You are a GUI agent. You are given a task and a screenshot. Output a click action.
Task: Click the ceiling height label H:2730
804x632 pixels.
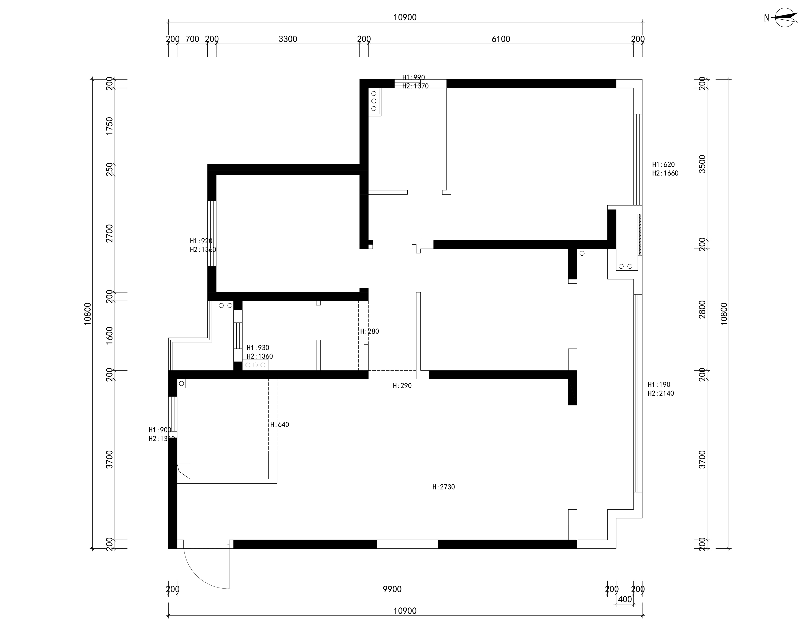444,487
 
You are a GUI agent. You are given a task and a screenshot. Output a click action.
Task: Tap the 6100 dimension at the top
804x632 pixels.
501,39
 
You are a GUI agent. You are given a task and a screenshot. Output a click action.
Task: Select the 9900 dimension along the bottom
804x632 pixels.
392,589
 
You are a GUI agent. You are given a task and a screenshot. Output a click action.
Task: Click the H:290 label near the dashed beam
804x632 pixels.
402,386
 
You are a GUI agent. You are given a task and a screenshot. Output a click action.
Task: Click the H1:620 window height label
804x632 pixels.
663,164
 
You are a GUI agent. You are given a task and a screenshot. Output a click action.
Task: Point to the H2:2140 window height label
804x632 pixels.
661,393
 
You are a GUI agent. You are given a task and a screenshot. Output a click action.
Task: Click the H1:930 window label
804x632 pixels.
258,347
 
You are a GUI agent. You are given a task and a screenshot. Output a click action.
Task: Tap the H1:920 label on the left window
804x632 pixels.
201,241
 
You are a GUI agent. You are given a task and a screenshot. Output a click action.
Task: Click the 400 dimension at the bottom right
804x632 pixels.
625,599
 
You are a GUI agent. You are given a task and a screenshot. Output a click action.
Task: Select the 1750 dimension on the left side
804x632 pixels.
109,126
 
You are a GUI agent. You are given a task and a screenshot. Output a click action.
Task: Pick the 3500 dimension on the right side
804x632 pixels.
702,164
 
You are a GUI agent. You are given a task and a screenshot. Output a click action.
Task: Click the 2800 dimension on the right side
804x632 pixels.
702,309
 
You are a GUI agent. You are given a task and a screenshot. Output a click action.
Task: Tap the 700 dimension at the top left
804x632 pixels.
192,39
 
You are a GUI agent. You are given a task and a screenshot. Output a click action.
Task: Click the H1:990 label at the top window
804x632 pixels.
414,77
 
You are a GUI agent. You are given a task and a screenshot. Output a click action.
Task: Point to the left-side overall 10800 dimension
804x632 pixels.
87,314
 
